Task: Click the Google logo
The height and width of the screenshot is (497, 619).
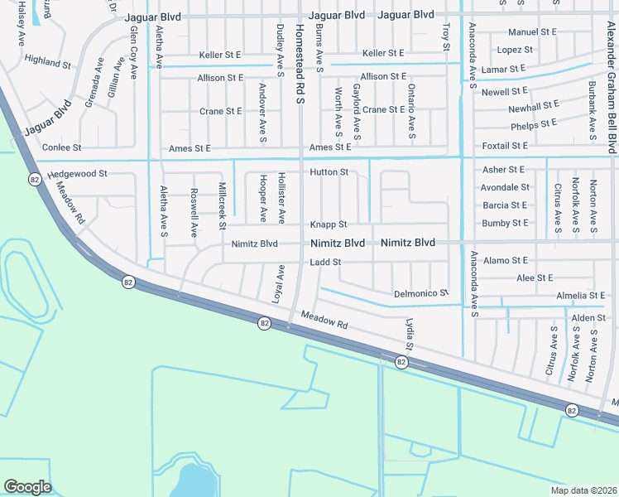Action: (27, 487)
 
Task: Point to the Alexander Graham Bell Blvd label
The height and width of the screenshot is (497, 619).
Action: (612, 79)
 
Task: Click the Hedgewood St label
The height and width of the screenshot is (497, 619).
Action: (78, 174)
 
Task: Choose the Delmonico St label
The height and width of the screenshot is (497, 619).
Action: (420, 293)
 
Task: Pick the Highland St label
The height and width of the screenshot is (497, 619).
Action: (48, 61)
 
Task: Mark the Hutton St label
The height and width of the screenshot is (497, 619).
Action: (329, 172)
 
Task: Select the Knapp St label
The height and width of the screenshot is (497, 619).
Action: (328, 224)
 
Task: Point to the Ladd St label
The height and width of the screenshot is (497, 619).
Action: (325, 263)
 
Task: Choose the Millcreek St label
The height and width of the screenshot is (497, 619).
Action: (222, 205)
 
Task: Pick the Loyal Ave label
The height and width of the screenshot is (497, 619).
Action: (280, 282)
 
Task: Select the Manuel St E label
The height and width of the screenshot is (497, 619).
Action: (532, 32)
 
